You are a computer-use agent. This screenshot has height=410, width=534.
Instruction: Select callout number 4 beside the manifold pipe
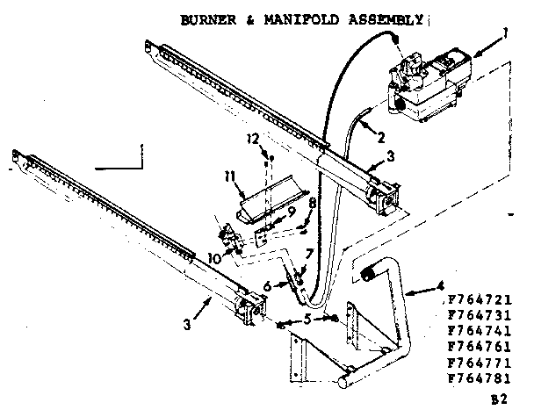(x=437, y=285)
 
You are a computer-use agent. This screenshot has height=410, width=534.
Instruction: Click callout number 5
(x=306, y=320)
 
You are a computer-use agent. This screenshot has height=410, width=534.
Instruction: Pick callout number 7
(x=307, y=255)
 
